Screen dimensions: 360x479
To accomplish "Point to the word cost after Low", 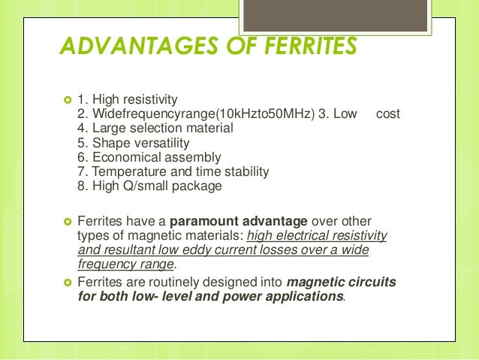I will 387,114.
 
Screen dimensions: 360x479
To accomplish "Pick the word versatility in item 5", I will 170,143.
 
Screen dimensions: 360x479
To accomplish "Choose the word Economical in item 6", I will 122,157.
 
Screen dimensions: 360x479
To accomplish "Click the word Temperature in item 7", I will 125,171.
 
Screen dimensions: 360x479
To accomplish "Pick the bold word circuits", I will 372,282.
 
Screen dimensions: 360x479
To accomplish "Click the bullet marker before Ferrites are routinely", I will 65,283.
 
